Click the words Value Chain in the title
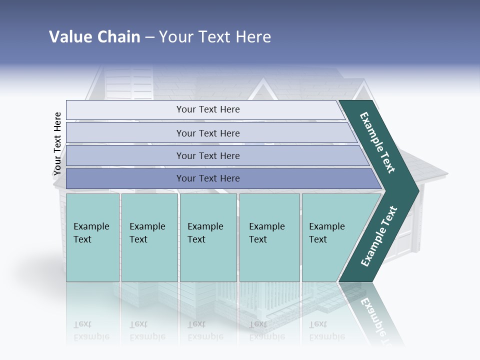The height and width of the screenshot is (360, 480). pyautogui.click(x=94, y=37)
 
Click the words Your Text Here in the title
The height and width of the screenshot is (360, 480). pyautogui.click(x=215, y=37)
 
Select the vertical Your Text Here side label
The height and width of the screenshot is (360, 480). pyautogui.click(x=57, y=143)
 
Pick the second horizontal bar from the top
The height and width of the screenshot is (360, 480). pyautogui.click(x=207, y=133)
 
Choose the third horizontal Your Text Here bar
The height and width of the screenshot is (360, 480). pyautogui.click(x=207, y=155)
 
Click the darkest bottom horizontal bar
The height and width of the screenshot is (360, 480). pyautogui.click(x=207, y=178)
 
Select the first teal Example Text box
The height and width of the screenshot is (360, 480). pyautogui.click(x=92, y=237)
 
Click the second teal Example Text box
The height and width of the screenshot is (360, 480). pyautogui.click(x=149, y=237)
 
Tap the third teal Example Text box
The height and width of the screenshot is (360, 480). pyautogui.click(x=207, y=237)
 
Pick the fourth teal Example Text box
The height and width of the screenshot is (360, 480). pyautogui.click(x=269, y=237)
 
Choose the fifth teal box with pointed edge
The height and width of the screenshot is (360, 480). pyautogui.click(x=330, y=237)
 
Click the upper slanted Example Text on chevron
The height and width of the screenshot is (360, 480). pyautogui.click(x=377, y=142)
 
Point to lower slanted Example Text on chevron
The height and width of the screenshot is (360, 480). pyautogui.click(x=378, y=236)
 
